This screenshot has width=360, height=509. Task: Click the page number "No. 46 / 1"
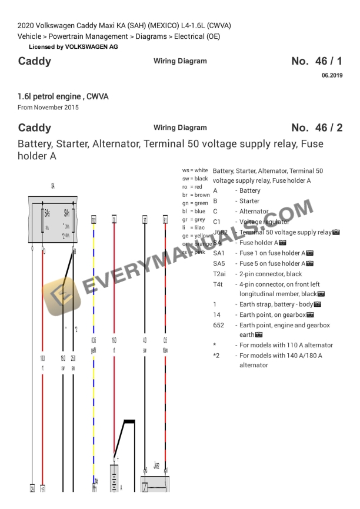[x=316, y=61]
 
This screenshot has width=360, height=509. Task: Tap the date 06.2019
[x=332, y=75]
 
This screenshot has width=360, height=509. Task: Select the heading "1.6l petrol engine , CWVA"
[x=63, y=96]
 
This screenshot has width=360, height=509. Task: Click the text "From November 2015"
[x=48, y=107]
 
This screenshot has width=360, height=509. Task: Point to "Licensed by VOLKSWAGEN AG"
[x=73, y=46]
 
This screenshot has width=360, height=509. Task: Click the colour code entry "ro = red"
[x=192, y=186]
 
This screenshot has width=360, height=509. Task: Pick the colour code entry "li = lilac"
[x=192, y=227]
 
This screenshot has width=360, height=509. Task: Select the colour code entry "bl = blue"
[x=194, y=211]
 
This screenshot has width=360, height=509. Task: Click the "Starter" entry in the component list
[x=249, y=201]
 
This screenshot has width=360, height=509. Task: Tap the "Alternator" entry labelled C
[x=254, y=212]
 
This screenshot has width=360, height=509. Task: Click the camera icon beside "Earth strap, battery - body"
[x=318, y=304]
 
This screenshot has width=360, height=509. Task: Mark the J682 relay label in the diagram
[x=156, y=465]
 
